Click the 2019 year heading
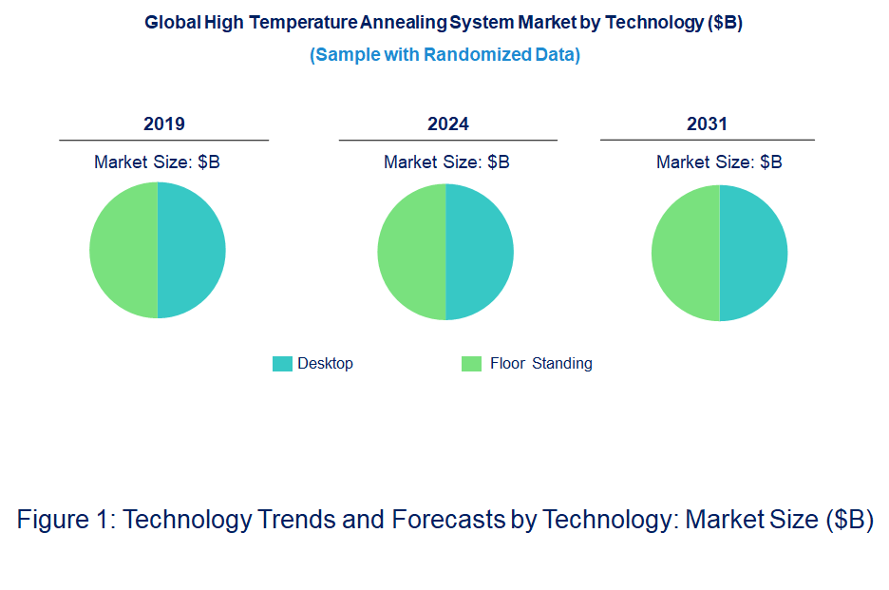click(x=164, y=124)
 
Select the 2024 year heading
click(x=448, y=124)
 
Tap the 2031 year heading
click(x=707, y=124)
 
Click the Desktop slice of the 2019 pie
click(x=192, y=250)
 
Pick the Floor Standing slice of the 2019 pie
click(x=123, y=250)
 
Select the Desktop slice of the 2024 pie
click(x=480, y=252)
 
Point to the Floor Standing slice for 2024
click(x=411, y=252)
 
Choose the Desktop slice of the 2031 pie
click(x=753, y=253)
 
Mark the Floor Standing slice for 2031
click(x=686, y=253)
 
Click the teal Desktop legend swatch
click(x=282, y=364)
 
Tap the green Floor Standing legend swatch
click(x=471, y=364)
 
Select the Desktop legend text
click(x=325, y=364)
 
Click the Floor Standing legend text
click(x=540, y=364)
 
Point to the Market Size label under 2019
click(x=157, y=162)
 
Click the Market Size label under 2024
click(x=446, y=162)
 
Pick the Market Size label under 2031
click(x=719, y=162)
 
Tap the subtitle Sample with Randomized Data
click(x=444, y=55)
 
